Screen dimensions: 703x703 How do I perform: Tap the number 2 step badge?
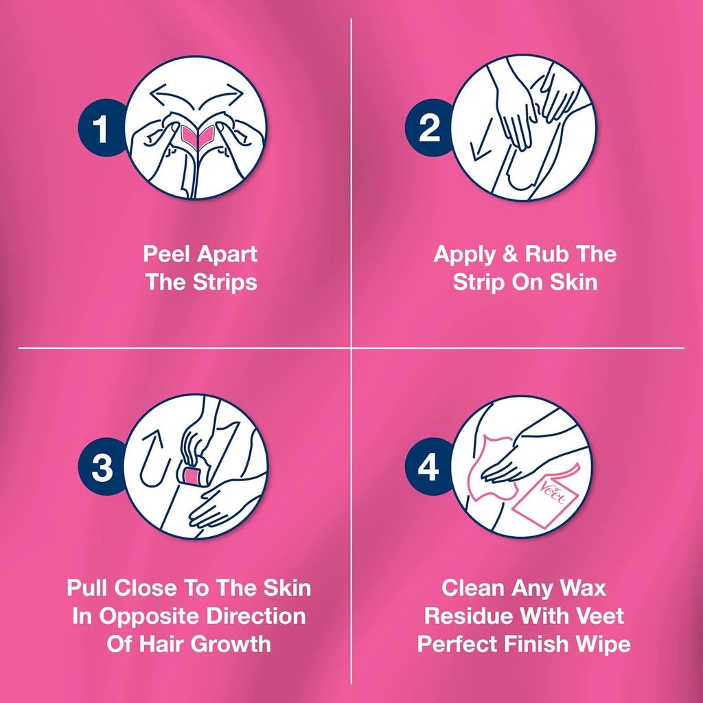(429, 128)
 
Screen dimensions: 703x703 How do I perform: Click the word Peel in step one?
(167, 255)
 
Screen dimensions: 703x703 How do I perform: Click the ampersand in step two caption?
(509, 255)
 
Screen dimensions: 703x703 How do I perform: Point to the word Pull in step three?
(89, 588)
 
